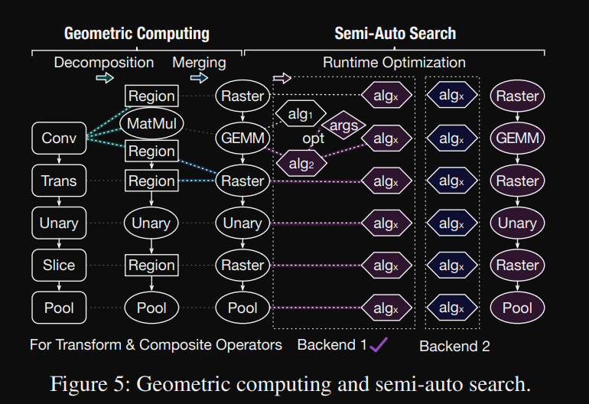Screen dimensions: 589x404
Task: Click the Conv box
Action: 59,138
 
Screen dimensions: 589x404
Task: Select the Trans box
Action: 59,181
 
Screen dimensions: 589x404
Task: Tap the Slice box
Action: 59,266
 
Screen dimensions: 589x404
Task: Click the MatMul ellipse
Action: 151,123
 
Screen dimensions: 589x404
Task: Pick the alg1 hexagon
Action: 301,114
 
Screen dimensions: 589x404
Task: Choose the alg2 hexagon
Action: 301,162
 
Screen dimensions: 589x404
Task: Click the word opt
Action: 314,139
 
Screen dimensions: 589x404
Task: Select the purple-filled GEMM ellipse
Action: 517,139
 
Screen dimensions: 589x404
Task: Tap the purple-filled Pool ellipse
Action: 517,308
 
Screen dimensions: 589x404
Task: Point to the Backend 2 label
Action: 454,346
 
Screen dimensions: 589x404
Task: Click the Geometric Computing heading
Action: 137,33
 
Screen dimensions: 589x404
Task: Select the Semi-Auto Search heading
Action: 395,33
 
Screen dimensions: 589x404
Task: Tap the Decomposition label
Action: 104,63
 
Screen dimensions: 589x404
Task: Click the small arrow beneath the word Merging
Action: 199,78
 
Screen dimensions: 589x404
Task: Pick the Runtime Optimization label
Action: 394,63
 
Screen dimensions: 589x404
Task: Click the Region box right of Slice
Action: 151,266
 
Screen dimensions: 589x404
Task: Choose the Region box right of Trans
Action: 151,181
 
